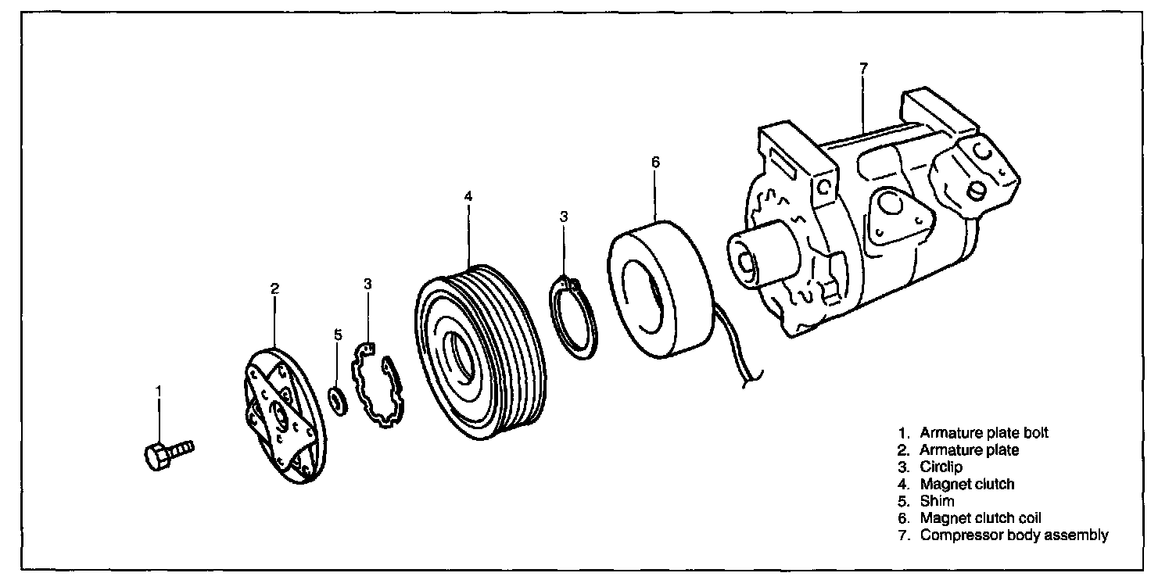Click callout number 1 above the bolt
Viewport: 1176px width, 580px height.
159,392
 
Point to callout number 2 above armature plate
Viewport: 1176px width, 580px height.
274,288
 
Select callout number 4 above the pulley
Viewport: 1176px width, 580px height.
468,196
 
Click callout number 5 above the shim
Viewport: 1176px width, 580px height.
338,335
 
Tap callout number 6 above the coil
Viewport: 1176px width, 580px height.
656,162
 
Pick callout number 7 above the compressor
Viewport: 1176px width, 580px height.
863,68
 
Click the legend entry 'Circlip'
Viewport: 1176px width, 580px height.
941,467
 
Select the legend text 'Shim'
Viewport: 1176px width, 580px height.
937,501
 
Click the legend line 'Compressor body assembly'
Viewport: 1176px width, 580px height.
1014,535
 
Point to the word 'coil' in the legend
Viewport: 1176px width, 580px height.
1030,518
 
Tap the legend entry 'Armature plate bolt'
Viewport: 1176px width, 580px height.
984,432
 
